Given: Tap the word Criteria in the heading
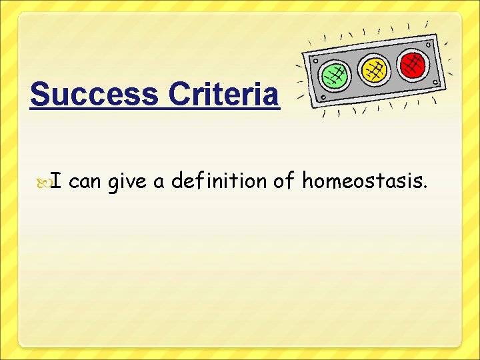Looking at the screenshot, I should pyautogui.click(x=223, y=95).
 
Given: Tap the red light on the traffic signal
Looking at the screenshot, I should pyautogui.click(x=413, y=63).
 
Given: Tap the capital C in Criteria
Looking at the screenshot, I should pyautogui.click(x=180, y=95).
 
